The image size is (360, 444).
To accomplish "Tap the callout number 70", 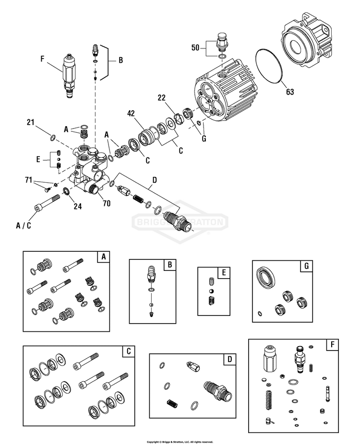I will click(x=106, y=203).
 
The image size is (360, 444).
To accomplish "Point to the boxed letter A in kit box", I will click(x=103, y=257).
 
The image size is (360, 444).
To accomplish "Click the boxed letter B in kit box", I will click(x=170, y=265).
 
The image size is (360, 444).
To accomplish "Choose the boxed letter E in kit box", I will click(x=224, y=272).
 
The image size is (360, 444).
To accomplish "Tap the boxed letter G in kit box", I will click(x=306, y=266).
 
